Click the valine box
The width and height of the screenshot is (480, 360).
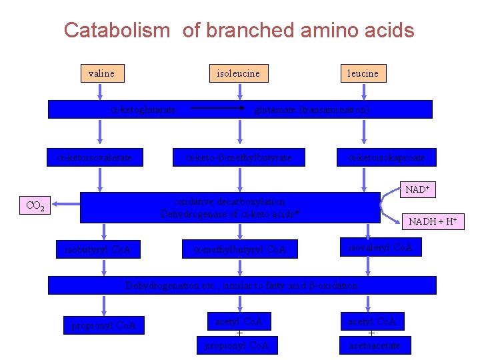pos(101,73)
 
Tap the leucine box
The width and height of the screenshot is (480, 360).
pos(363,73)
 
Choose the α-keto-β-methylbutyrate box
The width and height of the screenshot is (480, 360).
pos(239,158)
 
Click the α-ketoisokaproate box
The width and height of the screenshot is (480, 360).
pos(387,158)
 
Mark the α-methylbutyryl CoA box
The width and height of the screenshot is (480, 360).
pos(239,250)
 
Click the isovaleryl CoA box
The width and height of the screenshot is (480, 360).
pos(381,247)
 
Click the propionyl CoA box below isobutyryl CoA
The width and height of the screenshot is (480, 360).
pos(103,325)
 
